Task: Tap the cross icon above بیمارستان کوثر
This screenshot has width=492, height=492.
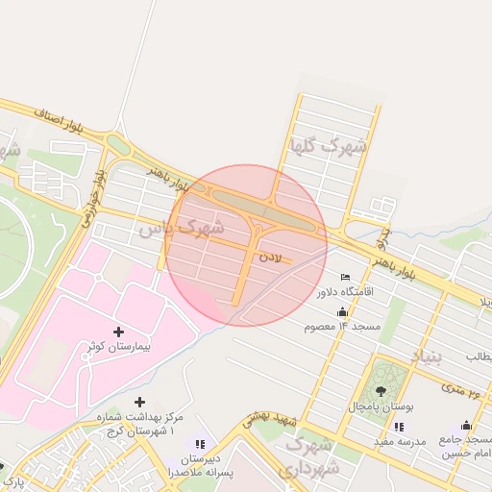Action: tap(119, 331)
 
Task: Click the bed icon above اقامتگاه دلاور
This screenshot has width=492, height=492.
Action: tap(345, 278)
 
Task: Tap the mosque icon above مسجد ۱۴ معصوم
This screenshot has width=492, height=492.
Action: tap(342, 312)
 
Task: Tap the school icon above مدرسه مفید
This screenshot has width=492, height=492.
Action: tap(399, 426)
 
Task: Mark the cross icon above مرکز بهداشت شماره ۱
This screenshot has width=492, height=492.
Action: tap(140, 402)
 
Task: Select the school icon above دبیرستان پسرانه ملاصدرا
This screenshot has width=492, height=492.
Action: tap(200, 444)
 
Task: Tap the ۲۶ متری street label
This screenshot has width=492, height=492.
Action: tap(460, 387)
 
